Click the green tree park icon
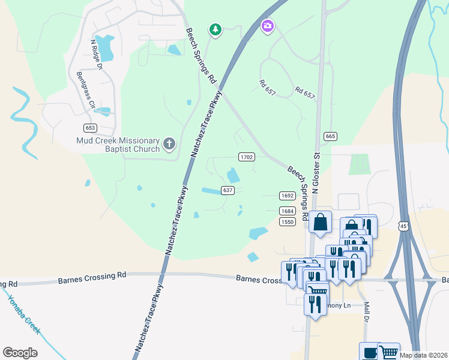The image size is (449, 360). [x=215, y=29]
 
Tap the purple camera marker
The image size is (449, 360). [x=267, y=26]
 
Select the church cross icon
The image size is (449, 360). [x=169, y=144]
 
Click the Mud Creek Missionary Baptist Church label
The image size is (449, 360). [x=118, y=144]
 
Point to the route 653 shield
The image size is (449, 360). [x=91, y=128]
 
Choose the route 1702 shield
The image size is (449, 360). [x=247, y=157]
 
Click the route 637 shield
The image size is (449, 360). [x=228, y=190]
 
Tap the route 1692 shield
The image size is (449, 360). [x=287, y=196]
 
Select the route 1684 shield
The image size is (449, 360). [x=287, y=211]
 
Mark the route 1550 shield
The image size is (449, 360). [x=287, y=221]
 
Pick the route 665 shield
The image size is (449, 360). [x=330, y=137]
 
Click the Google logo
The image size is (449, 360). [x=20, y=353]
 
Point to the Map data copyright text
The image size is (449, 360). [x=423, y=355]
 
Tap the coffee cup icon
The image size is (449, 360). [x=369, y=352]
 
